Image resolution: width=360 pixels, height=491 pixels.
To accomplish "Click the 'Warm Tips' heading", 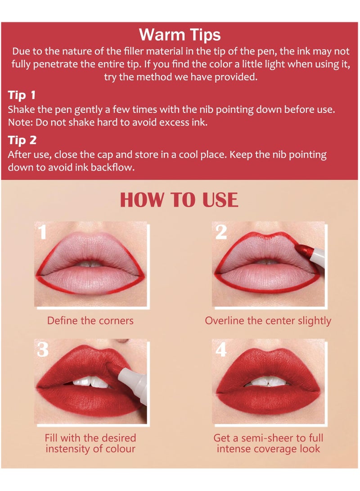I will (180, 35).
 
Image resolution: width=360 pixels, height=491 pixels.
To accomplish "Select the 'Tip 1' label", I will (22, 95).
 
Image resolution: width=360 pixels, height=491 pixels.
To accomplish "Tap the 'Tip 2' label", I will (22, 140).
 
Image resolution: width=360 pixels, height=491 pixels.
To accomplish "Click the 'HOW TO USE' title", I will (179, 200).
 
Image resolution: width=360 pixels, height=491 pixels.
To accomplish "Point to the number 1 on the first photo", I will (42, 232).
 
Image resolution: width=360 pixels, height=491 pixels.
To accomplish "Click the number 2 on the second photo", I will (221, 232).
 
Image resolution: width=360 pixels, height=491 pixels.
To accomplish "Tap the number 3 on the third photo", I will (43, 350).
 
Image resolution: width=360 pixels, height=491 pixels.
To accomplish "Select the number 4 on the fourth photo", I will (221, 350).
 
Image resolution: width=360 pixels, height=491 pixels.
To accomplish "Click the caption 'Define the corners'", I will (90, 321).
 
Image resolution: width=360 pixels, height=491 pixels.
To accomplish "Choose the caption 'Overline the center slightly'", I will (268, 321).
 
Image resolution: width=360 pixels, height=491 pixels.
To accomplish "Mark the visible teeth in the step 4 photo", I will (268, 382).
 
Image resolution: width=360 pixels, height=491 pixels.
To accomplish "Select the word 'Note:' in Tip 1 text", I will (18, 122).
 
